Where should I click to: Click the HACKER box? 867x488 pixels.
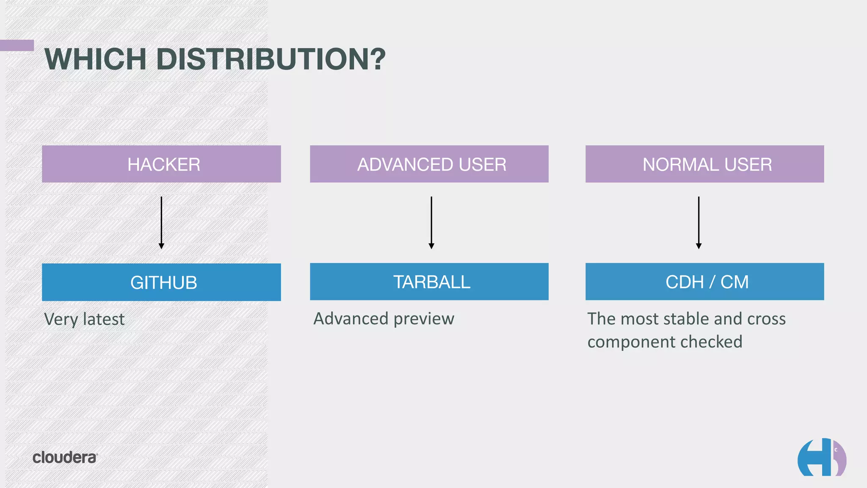tap(161, 164)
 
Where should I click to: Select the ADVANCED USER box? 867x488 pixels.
tap(429, 164)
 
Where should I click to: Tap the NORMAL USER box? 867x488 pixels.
tap(704, 164)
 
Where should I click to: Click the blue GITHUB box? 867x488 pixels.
tap(161, 282)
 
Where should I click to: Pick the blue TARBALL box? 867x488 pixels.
tap(429, 282)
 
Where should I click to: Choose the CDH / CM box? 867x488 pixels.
tap(704, 282)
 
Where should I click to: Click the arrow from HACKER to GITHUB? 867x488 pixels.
tap(161, 222)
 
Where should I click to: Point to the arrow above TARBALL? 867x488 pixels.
tap(431, 222)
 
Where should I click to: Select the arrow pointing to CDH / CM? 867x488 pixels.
tap(699, 222)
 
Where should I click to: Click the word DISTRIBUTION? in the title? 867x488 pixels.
tap(271, 59)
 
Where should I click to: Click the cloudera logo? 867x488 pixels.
tap(65, 457)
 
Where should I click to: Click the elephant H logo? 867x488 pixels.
tap(821, 457)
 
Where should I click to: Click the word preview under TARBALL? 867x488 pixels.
tap(424, 319)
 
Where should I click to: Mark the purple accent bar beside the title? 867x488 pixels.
tap(17, 45)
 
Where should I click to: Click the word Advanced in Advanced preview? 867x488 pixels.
tap(351, 319)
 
